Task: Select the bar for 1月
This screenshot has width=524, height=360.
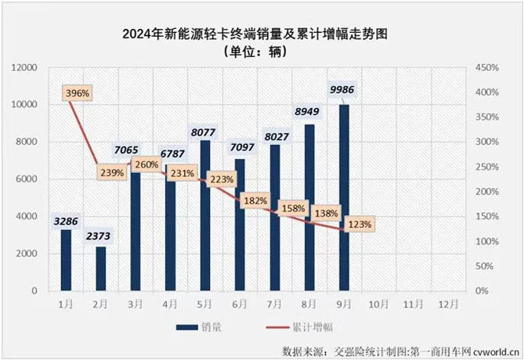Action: (66, 260)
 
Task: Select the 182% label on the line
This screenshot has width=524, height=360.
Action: (255, 201)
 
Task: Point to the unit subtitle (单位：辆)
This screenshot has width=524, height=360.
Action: (255, 52)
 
